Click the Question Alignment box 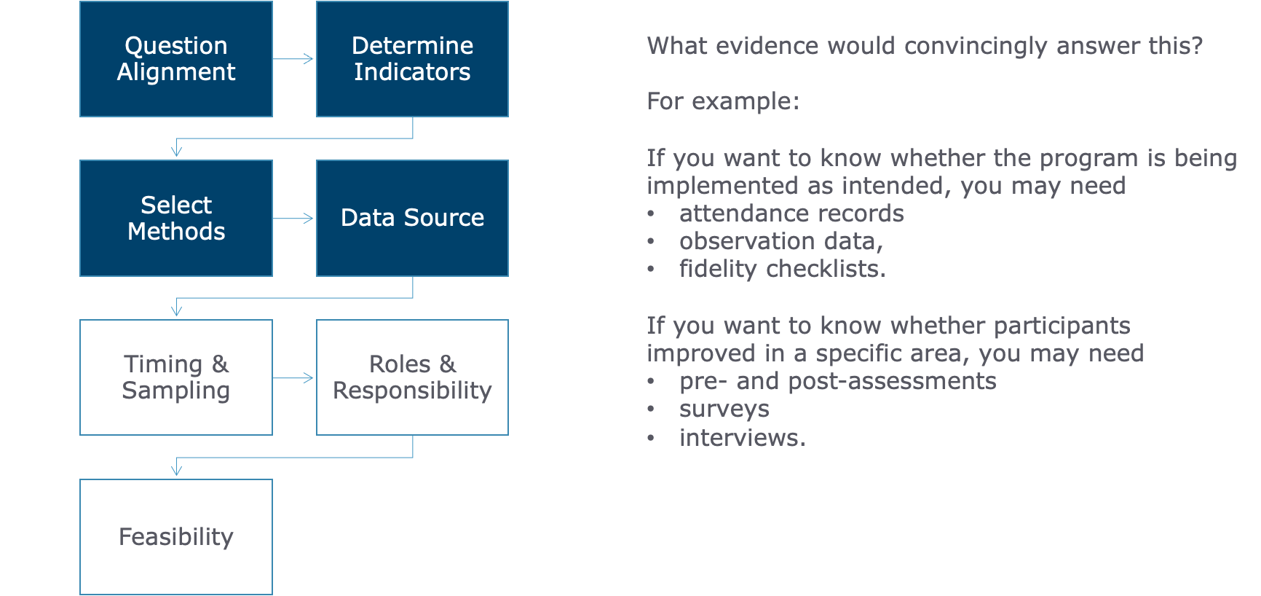[176, 59]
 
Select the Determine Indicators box [412, 59]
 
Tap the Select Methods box [176, 218]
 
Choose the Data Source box [412, 218]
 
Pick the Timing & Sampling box [176, 377]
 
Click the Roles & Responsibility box [412, 377]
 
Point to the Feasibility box [176, 537]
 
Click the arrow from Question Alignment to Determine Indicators [294, 59]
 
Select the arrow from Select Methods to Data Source [294, 218]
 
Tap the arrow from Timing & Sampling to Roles [294, 377]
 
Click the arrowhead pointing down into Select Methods [176, 151]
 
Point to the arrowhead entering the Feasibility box [176, 470]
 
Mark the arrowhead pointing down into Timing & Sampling [176, 310]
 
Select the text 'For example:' [722, 101]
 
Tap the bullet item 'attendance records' [791, 213]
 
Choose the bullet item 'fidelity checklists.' [782, 269]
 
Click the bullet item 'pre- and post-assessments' [837, 381]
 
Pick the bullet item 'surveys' [724, 409]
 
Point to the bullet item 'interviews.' [742, 438]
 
